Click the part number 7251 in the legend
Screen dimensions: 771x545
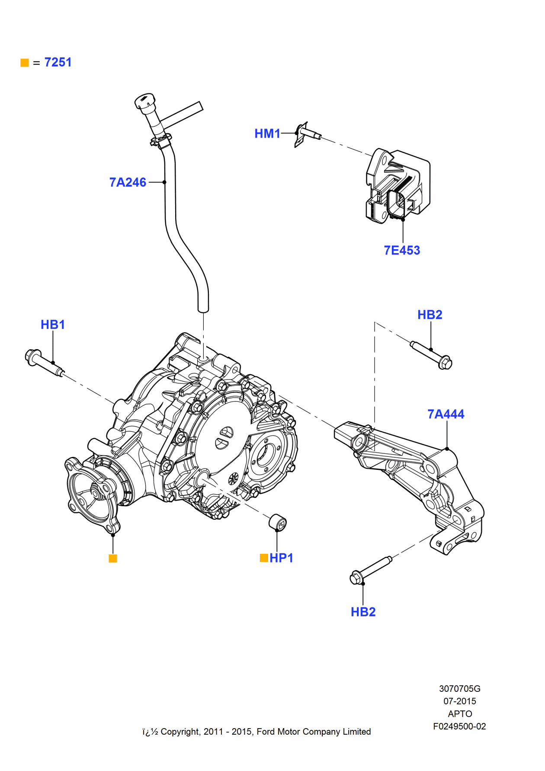pos(58,62)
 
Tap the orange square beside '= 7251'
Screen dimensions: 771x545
pos(25,63)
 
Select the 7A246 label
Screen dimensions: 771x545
pos(128,182)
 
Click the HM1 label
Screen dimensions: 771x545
pos(267,134)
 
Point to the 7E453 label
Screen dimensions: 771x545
pos(402,251)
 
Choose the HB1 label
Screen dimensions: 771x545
pos(53,325)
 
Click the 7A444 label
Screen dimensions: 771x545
pos(446,414)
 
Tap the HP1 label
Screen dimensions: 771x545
pos(281,558)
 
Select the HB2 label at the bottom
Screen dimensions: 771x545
pos(363,612)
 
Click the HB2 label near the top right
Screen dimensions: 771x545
pos(430,315)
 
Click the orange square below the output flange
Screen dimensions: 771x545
pos(113,559)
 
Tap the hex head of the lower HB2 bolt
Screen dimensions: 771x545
pos(356,578)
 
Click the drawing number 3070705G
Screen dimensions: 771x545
pos(459,689)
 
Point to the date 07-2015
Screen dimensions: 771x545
pos(459,701)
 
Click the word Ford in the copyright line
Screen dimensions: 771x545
pos(266,732)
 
